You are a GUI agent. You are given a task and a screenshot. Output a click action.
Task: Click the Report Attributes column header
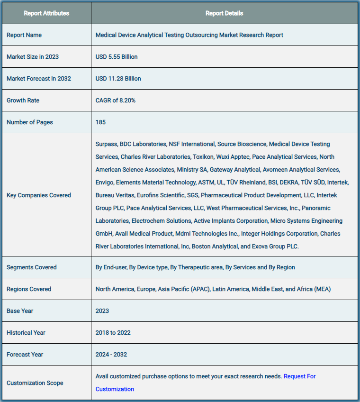point(46,13)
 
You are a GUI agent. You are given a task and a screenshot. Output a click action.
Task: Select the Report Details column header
point(224,13)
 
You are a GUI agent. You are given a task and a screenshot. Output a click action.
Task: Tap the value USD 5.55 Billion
point(117,57)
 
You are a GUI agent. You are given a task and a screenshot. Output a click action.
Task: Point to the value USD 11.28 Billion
point(118,79)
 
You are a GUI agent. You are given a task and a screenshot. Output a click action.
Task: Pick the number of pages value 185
point(100,122)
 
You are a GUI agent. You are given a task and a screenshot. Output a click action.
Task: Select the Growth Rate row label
point(23,100)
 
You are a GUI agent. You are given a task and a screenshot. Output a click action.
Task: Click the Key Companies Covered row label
point(39,195)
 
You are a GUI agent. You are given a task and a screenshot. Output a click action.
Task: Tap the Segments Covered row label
point(31,267)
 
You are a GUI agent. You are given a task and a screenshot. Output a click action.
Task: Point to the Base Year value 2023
point(102,311)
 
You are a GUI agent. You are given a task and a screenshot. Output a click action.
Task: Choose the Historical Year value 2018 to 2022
point(113,333)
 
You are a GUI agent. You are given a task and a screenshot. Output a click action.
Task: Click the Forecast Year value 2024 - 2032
point(111,355)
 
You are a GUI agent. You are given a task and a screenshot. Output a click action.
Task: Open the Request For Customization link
point(299,376)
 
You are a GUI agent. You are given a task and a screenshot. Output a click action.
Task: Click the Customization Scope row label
point(35,383)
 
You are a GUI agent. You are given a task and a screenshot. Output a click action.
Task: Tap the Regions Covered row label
point(29,289)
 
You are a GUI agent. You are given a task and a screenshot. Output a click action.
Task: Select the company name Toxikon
point(204,157)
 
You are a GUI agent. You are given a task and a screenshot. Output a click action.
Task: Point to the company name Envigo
point(104,183)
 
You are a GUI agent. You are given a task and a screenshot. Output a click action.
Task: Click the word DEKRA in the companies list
point(289,183)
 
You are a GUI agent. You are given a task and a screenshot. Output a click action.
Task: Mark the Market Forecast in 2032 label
point(39,79)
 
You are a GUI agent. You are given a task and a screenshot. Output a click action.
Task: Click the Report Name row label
point(24,35)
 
